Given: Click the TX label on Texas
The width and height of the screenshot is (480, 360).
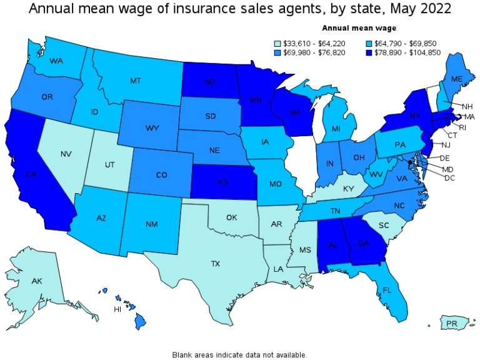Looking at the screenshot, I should pos(216,264).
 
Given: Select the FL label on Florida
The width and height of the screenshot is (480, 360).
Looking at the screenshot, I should pos(386,290).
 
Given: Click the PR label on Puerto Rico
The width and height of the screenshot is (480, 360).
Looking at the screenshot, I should pos(453,324).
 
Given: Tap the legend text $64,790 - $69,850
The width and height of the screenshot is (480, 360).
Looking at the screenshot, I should pos(399,43).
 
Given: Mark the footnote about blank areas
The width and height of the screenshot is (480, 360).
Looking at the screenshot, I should pos(239,354).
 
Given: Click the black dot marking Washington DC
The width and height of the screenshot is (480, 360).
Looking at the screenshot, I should pos(409,162).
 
